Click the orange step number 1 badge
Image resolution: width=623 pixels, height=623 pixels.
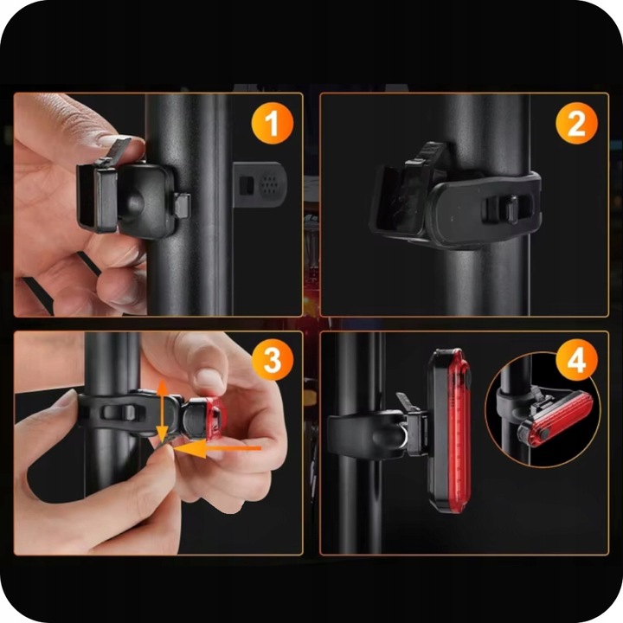273,123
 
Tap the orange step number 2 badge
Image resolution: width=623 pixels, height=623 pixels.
576,123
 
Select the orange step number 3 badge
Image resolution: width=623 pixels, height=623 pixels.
273,360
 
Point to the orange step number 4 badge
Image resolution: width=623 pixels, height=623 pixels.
576,360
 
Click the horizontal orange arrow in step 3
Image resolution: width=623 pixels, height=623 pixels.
217,448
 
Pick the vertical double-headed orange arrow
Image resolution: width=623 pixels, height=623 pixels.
162,411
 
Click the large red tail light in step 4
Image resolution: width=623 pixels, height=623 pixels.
449,430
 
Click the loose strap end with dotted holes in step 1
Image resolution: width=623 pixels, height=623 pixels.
260,185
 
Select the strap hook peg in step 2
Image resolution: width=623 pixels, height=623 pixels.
511,209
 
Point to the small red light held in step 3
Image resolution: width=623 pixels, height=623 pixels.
215,419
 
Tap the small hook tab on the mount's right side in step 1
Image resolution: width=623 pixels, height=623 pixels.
182,205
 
